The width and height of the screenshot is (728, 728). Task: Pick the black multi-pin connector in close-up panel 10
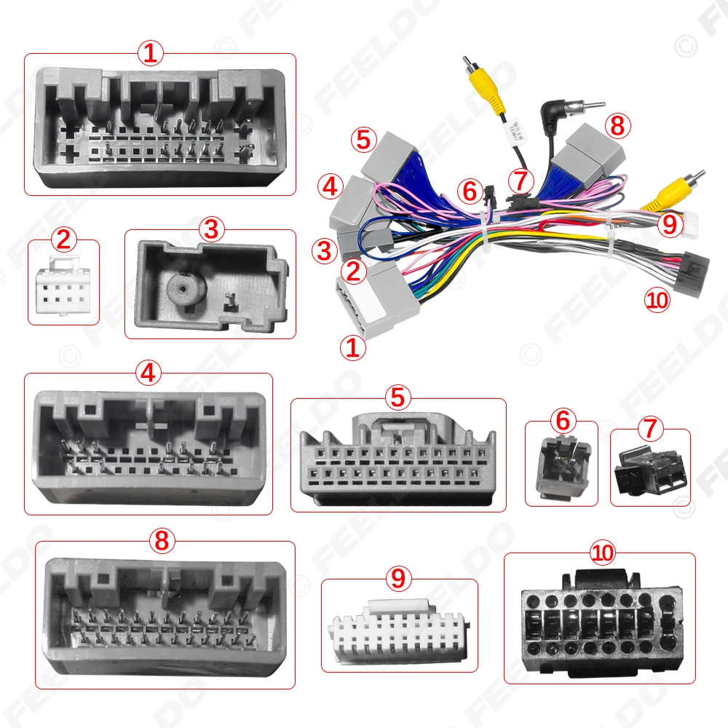pos(598,622)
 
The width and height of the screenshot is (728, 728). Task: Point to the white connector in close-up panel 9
pos(400,638)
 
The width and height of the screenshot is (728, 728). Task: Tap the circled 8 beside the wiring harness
pos(617,126)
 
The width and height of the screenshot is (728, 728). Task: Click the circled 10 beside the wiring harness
pos(658,300)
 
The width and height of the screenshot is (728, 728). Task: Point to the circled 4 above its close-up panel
pos(149,373)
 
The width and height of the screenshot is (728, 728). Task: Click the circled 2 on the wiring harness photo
pos(354,272)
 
